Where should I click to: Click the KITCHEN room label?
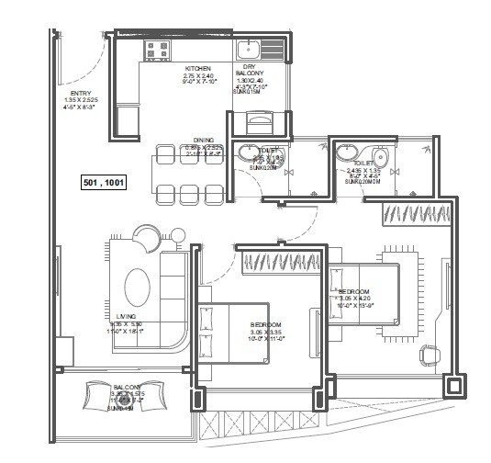click(x=198, y=69)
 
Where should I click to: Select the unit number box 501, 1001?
click(x=104, y=183)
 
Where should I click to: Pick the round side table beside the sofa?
click(x=146, y=236)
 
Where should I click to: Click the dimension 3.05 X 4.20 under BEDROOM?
click(x=352, y=299)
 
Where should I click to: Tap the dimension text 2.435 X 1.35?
click(x=363, y=171)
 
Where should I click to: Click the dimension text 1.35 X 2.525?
click(x=80, y=100)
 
